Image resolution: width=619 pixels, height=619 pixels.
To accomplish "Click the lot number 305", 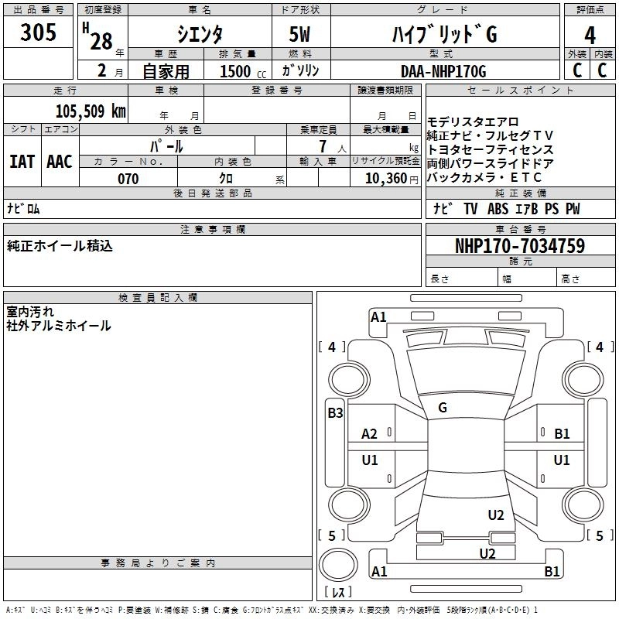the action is coord(38,32).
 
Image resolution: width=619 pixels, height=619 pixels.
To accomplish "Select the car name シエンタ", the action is coord(200,34).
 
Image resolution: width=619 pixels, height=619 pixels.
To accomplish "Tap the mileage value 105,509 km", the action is coord(91,111).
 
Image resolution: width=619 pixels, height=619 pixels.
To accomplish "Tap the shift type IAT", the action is coord(22,162).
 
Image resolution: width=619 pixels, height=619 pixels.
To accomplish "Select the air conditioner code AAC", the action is coord(59,162).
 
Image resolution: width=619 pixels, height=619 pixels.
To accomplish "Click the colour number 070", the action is coord(128,179).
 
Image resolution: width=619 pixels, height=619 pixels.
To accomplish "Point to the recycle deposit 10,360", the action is coord(381,179).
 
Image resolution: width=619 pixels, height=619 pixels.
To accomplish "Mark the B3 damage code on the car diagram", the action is coord(334,413).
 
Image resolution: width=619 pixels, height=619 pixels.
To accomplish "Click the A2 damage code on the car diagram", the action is coord(370,434).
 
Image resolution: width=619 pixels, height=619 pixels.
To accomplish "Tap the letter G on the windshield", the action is coord(443,408).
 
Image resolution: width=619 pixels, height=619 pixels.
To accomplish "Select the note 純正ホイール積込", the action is coord(60,246).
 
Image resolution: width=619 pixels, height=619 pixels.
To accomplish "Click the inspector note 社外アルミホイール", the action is coord(59,327).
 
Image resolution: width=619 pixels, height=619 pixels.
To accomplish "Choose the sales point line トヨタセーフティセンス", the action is coord(491,149).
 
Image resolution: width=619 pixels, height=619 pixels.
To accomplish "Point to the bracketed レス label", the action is coord(337,593).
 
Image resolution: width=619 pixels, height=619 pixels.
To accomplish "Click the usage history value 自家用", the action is coord(166,72).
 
